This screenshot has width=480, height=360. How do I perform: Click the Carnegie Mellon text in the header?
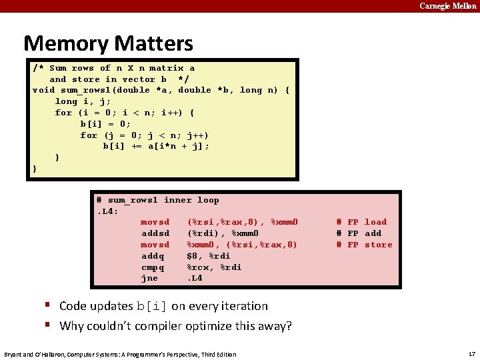(x=447, y=6)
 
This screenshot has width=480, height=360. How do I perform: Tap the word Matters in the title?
(x=154, y=44)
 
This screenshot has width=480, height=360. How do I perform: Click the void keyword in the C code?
(x=43, y=90)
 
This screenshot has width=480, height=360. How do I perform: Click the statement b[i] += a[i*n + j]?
(x=156, y=146)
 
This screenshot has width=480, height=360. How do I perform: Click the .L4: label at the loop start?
(x=107, y=211)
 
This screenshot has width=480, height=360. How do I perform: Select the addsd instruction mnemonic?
(x=155, y=233)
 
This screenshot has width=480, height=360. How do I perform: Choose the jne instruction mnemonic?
(x=149, y=279)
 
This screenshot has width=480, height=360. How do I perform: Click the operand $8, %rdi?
(x=209, y=256)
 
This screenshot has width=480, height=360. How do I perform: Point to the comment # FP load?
(x=361, y=222)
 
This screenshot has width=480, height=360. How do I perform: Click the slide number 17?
(x=471, y=353)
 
